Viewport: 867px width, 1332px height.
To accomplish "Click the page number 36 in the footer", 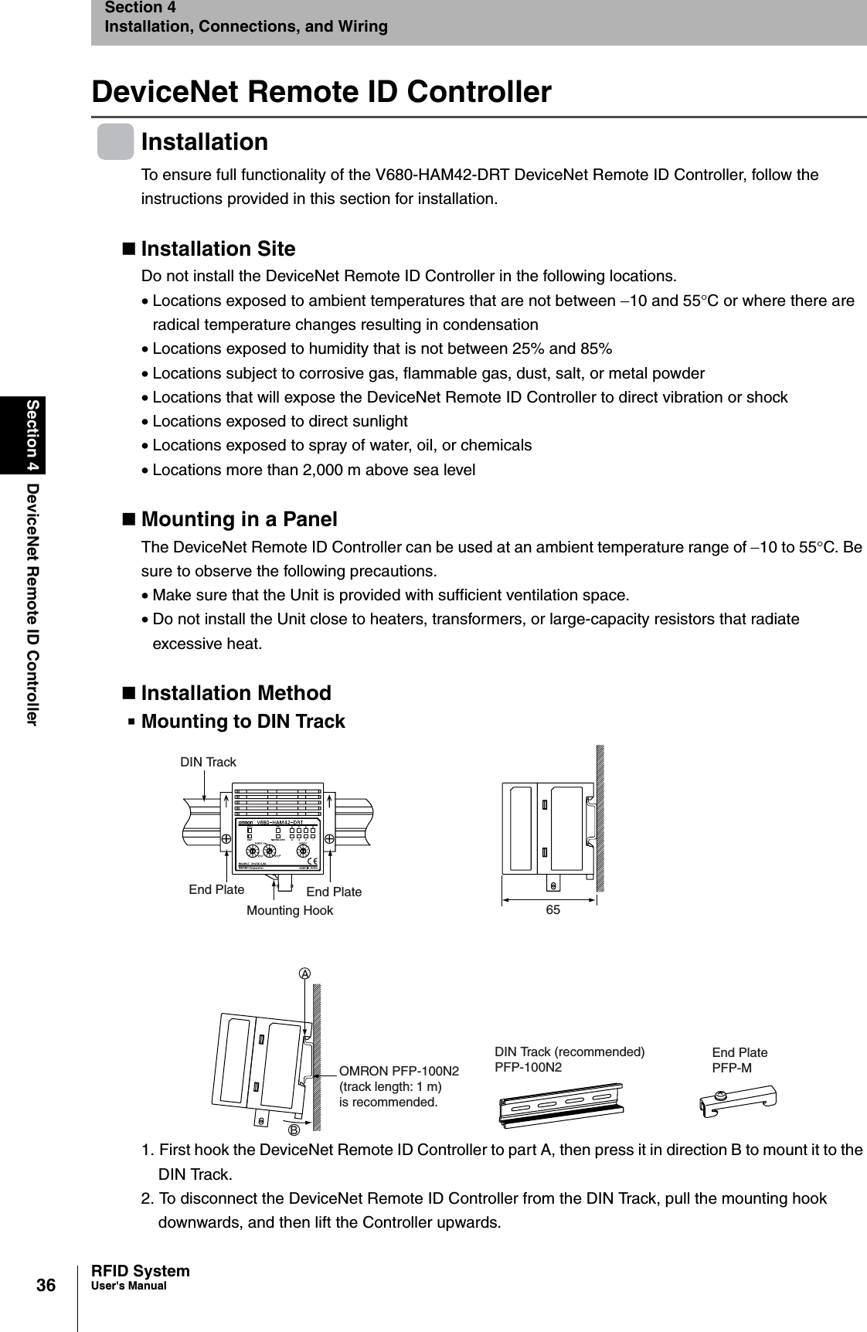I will tap(46, 1285).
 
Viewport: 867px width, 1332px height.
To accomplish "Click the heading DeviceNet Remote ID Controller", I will tap(321, 92).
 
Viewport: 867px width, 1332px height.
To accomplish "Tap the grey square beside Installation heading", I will tap(115, 141).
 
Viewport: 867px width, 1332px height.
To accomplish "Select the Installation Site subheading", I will tap(218, 249).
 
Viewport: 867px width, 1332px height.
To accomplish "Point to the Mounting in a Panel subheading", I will tap(239, 519).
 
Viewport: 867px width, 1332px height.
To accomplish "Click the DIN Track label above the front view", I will tap(208, 763).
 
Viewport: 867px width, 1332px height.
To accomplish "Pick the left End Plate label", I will tap(216, 889).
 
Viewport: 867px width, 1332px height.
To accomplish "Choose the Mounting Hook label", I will tap(290, 911).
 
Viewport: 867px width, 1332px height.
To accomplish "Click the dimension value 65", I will tap(553, 911).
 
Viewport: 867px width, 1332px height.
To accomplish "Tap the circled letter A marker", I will tap(305, 974).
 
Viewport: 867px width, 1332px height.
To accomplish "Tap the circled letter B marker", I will tap(294, 1129).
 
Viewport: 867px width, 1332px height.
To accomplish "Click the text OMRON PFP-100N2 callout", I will tap(399, 1071).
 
